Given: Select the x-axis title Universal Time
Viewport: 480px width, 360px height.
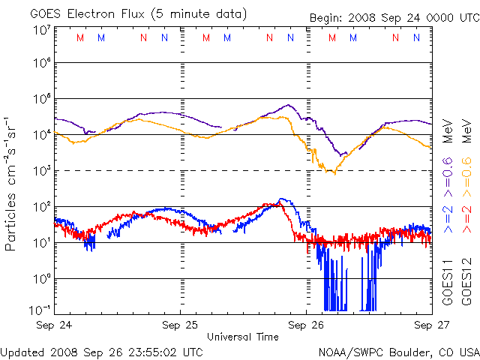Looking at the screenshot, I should tap(242, 337).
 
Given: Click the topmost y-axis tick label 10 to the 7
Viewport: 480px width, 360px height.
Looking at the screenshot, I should tap(42, 30).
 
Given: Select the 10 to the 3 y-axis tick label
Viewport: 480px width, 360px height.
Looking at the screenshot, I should tap(42, 171).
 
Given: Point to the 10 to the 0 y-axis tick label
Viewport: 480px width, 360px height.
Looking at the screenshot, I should tap(42, 278).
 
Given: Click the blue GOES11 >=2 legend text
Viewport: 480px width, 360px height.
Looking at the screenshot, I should tap(448, 222).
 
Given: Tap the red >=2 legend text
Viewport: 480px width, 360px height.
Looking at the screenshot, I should tap(465, 222).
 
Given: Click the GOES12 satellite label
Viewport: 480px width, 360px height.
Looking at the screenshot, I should tap(465, 282).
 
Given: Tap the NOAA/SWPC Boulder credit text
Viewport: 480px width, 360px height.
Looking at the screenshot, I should tap(398, 351).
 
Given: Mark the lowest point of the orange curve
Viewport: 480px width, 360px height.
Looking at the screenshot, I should tap(331, 173).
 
